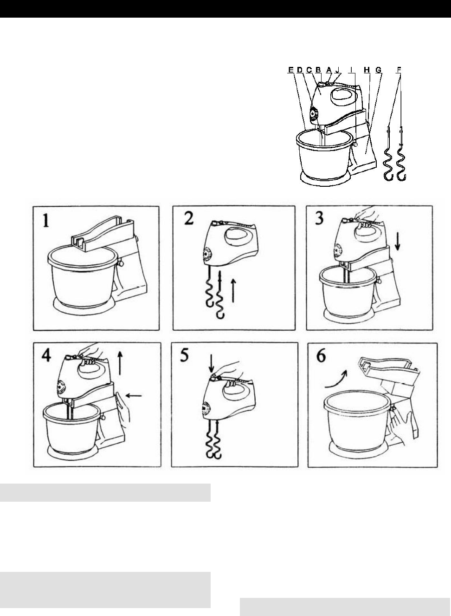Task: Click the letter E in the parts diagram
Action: pyautogui.click(x=290, y=70)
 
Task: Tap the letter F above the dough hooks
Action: pyautogui.click(x=399, y=70)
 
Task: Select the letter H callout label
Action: pyautogui.click(x=367, y=70)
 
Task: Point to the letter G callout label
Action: pyautogui.click(x=379, y=70)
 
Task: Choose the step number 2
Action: pyautogui.click(x=189, y=219)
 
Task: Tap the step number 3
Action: pyautogui.click(x=319, y=219)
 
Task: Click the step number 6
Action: pyautogui.click(x=321, y=356)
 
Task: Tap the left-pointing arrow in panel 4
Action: pyautogui.click(x=134, y=396)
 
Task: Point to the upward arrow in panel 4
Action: pyautogui.click(x=120, y=363)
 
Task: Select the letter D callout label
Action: pyautogui.click(x=299, y=70)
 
